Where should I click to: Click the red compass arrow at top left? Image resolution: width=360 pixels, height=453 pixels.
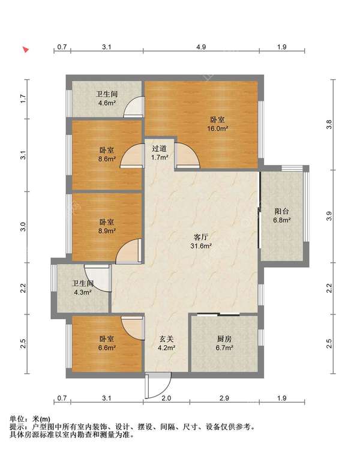point(26,50)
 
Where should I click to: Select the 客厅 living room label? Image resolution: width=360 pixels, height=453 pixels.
point(201,238)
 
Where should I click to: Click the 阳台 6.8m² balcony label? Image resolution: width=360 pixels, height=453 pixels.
point(282,215)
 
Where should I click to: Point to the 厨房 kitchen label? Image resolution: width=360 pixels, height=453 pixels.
point(224,339)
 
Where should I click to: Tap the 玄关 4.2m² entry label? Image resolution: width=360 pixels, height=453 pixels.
point(167,343)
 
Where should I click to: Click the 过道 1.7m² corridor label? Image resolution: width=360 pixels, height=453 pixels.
point(160,153)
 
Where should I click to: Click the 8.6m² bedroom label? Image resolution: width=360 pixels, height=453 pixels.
point(107,155)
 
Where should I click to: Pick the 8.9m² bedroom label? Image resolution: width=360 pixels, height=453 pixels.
point(107,227)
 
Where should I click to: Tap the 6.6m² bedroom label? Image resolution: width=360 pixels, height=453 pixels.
point(107,344)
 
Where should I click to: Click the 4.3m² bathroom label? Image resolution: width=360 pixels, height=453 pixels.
point(83,288)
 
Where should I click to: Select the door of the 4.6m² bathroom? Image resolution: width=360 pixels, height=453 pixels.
point(133,107)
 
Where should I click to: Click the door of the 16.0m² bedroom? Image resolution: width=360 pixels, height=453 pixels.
point(187,155)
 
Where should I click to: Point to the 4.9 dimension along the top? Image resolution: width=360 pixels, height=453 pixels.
point(201,47)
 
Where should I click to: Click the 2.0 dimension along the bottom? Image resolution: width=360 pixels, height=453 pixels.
point(166,398)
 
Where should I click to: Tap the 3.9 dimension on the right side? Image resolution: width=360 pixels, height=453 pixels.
point(329,216)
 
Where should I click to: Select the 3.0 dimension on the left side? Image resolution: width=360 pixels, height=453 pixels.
point(23,227)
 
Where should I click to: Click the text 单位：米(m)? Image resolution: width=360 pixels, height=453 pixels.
point(30,419)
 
